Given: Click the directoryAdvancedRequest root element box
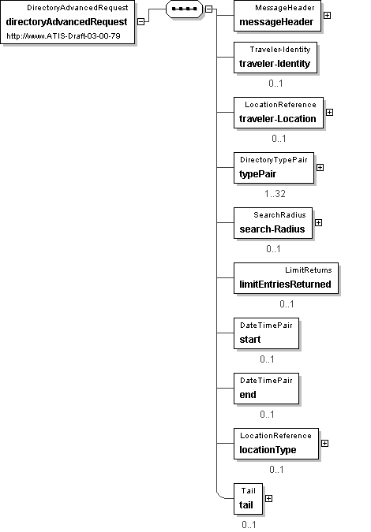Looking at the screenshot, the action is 68,22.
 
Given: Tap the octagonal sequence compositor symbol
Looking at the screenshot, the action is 184,9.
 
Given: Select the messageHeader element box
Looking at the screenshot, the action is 277,16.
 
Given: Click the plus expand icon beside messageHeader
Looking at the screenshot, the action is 327,15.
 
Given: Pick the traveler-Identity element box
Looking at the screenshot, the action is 275,58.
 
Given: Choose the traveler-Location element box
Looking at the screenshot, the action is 279,113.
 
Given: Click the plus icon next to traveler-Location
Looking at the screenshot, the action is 329,112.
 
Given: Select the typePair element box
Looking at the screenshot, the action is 274,168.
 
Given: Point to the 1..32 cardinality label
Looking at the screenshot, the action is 275,194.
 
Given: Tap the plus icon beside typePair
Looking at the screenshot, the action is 320,168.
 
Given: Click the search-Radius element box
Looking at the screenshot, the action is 273,223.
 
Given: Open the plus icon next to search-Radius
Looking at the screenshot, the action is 319,222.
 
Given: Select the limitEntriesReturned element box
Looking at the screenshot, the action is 286,278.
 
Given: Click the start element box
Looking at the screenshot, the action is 266,333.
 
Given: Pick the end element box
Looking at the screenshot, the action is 266,389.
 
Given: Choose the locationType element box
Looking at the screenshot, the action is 276,444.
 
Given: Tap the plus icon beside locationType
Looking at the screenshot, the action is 324,444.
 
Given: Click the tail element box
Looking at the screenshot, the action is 248,499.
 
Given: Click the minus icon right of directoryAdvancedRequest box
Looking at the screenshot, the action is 141,21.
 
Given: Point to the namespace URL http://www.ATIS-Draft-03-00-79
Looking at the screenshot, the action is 63,36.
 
